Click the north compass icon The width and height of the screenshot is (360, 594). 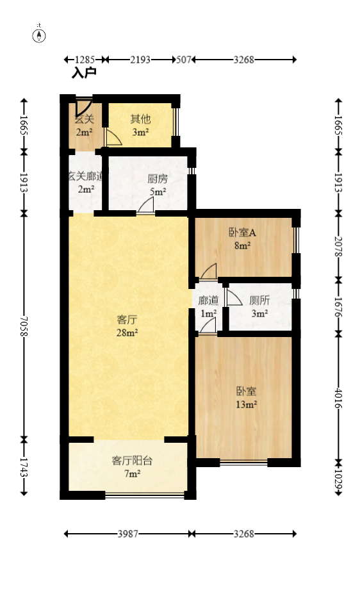pos(40,35)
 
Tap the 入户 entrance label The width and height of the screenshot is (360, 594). pos(84,74)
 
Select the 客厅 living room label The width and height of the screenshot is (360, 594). pos(127,319)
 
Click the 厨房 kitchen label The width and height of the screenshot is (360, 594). pos(158,179)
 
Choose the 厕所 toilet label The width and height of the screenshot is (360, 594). pos(259,299)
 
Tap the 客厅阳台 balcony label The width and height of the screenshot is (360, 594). pos(132,460)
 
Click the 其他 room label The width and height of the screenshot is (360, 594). pos(140,119)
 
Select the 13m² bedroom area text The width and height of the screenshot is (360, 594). pos(247,404)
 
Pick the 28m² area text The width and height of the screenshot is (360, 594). pos(127,333)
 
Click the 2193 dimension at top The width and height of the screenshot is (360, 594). pos(140,60)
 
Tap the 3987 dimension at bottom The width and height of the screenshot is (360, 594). pos(127,533)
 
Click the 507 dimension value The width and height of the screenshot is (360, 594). pos(184,60)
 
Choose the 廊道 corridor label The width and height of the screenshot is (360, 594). pos(208,300)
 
